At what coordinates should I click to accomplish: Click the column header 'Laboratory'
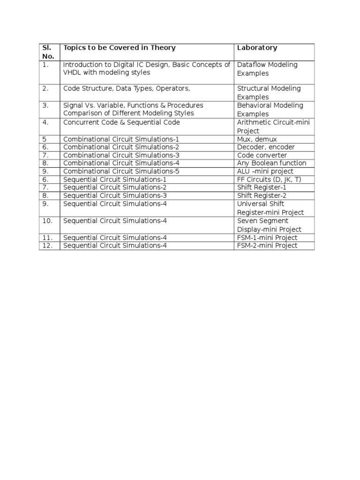pyautogui.click(x=257, y=48)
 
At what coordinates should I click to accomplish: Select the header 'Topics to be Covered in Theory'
pyautogui.click(x=120, y=48)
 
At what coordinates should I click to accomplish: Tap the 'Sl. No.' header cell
pyautogui.click(x=49, y=52)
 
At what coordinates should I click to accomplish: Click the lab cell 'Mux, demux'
pyautogui.click(x=257, y=139)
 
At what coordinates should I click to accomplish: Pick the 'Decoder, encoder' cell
pyautogui.click(x=266, y=147)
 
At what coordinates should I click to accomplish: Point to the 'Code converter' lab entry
pyautogui.click(x=262, y=155)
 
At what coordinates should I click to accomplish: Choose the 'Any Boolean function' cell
pyautogui.click(x=271, y=163)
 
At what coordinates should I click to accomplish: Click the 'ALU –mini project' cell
pyautogui.click(x=265, y=171)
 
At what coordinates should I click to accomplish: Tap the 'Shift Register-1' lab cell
pyautogui.click(x=261, y=187)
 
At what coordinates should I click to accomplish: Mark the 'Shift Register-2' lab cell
pyautogui.click(x=261, y=195)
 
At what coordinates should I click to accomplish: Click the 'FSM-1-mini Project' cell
pyautogui.click(x=267, y=238)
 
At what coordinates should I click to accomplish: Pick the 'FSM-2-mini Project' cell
pyautogui.click(x=267, y=246)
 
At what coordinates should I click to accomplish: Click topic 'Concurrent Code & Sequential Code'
pyautogui.click(x=121, y=122)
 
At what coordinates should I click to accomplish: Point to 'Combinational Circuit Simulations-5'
pyautogui.click(x=121, y=171)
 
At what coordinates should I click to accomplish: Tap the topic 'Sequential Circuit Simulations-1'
pyautogui.click(x=115, y=180)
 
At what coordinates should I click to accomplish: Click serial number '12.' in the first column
pyautogui.click(x=47, y=246)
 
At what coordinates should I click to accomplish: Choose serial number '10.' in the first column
pyautogui.click(x=47, y=221)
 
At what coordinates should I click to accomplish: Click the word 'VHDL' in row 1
pyautogui.click(x=72, y=73)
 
